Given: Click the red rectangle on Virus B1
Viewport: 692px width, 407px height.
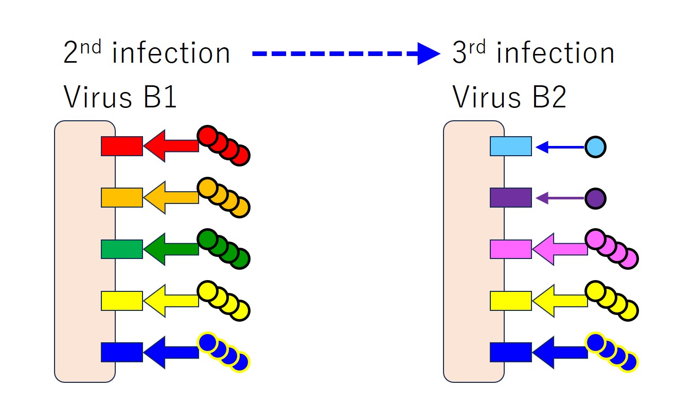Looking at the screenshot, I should [121, 146].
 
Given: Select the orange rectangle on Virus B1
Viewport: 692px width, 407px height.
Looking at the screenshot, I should [121, 197].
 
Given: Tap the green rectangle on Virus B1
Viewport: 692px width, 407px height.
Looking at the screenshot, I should [121, 249].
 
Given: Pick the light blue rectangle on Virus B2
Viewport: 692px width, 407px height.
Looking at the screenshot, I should [510, 146].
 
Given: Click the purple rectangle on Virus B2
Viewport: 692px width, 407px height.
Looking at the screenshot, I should [510, 197].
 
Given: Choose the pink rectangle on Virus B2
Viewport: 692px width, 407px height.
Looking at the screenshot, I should [510, 249].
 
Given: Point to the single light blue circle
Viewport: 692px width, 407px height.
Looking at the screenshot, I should [595, 147].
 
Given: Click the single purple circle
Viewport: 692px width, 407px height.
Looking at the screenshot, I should [595, 198].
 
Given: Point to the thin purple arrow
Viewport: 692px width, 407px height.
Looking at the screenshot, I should [560, 198].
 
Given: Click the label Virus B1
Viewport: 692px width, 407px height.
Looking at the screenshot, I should [120, 97].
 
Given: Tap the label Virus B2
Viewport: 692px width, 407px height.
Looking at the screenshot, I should [509, 97].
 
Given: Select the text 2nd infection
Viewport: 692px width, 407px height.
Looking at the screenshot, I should [147, 53].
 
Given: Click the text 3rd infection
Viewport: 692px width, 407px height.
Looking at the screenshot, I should [534, 53].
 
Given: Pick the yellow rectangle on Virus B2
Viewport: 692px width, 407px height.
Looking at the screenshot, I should [510, 301].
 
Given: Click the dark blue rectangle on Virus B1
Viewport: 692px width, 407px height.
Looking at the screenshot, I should [121, 352].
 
